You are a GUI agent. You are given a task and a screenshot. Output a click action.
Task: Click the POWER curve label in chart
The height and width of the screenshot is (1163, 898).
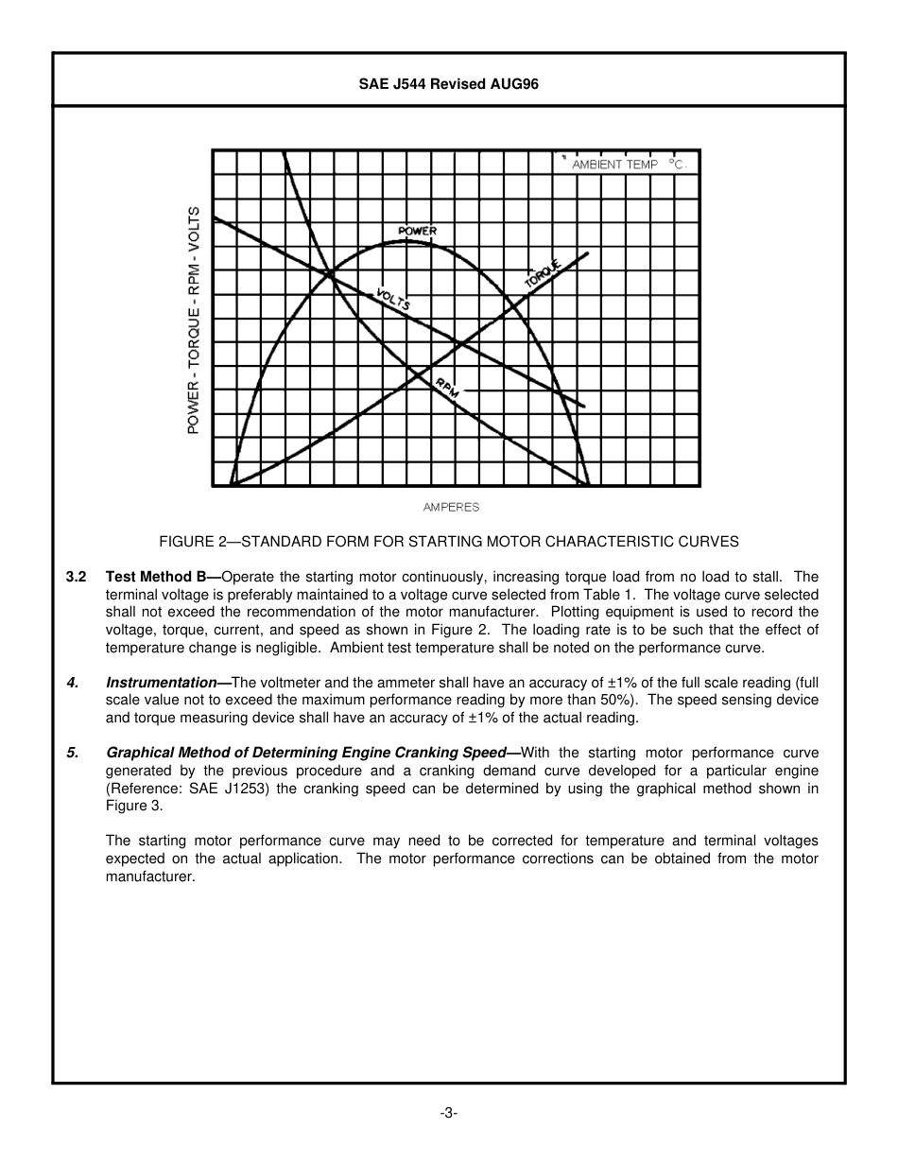point(417,231)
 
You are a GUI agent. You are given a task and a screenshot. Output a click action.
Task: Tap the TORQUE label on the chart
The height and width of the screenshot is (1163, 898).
point(543,273)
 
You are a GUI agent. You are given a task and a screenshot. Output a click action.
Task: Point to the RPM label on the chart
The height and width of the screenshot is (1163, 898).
point(446,388)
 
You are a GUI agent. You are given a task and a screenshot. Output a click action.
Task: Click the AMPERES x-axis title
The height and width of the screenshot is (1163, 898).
point(451,508)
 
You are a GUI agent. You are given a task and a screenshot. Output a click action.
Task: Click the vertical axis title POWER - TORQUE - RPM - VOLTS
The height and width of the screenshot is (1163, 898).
point(194,321)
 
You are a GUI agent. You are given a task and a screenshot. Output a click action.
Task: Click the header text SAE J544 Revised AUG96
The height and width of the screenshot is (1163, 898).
point(449,83)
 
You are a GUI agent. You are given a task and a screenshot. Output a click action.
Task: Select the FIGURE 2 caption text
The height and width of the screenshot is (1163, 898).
point(449,542)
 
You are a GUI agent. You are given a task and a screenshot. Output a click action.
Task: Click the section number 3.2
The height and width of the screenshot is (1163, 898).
point(77,577)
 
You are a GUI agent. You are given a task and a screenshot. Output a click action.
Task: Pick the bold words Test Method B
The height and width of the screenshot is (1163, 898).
point(162,577)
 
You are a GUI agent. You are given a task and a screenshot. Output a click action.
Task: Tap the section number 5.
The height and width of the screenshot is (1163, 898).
point(71,754)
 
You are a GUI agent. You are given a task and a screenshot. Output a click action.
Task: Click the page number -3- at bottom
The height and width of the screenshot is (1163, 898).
point(449,1113)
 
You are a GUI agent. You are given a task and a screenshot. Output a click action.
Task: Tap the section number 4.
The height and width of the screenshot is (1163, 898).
point(71,683)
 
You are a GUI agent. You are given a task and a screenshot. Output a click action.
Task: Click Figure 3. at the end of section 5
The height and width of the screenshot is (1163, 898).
point(134,807)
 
